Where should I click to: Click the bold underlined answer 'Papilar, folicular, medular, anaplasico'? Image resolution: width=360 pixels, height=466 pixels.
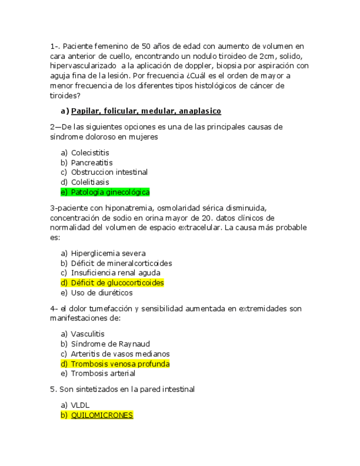click(x=146, y=111)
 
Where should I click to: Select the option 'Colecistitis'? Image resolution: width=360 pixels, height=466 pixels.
click(x=90, y=152)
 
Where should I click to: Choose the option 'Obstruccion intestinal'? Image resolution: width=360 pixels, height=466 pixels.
click(x=109, y=172)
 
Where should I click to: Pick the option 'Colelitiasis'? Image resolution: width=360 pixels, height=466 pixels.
click(x=90, y=182)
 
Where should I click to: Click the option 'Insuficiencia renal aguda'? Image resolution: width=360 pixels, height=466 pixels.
click(x=115, y=273)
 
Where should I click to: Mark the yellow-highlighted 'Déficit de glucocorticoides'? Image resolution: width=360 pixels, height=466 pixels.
click(x=118, y=283)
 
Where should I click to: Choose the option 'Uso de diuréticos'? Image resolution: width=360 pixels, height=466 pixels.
click(x=102, y=293)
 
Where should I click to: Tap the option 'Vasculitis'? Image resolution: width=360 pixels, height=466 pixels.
click(x=88, y=334)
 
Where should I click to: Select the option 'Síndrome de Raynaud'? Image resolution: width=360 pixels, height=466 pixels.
click(x=110, y=344)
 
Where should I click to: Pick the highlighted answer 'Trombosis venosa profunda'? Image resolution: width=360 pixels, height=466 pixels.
click(x=120, y=364)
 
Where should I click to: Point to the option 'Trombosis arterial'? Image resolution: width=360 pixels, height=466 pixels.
click(x=103, y=374)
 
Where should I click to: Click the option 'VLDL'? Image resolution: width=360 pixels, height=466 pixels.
click(x=80, y=405)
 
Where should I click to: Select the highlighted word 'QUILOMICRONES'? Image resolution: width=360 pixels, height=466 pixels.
click(x=102, y=415)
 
